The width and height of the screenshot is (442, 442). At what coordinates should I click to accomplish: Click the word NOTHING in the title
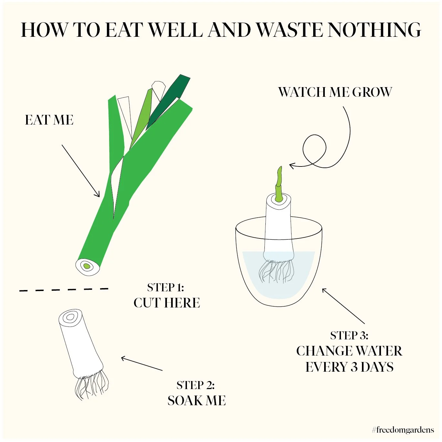(x=374, y=30)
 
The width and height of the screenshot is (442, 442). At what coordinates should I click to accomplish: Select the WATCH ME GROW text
(x=335, y=92)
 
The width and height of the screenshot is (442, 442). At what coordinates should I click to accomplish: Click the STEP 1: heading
(x=166, y=287)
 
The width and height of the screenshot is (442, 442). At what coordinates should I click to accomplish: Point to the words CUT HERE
(x=167, y=303)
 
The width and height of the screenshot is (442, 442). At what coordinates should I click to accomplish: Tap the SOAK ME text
(x=197, y=401)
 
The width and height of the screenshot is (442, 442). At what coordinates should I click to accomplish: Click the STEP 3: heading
(x=349, y=336)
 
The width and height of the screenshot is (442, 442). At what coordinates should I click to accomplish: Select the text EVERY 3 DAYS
(x=349, y=367)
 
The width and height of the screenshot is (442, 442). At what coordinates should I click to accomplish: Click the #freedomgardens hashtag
(x=403, y=430)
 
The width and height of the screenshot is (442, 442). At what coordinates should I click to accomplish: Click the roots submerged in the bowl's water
(x=277, y=271)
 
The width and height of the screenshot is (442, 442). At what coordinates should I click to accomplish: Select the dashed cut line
(x=64, y=290)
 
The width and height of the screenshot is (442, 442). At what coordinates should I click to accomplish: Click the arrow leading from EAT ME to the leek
(x=81, y=171)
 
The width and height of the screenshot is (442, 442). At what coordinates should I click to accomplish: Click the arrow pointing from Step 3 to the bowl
(x=343, y=306)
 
